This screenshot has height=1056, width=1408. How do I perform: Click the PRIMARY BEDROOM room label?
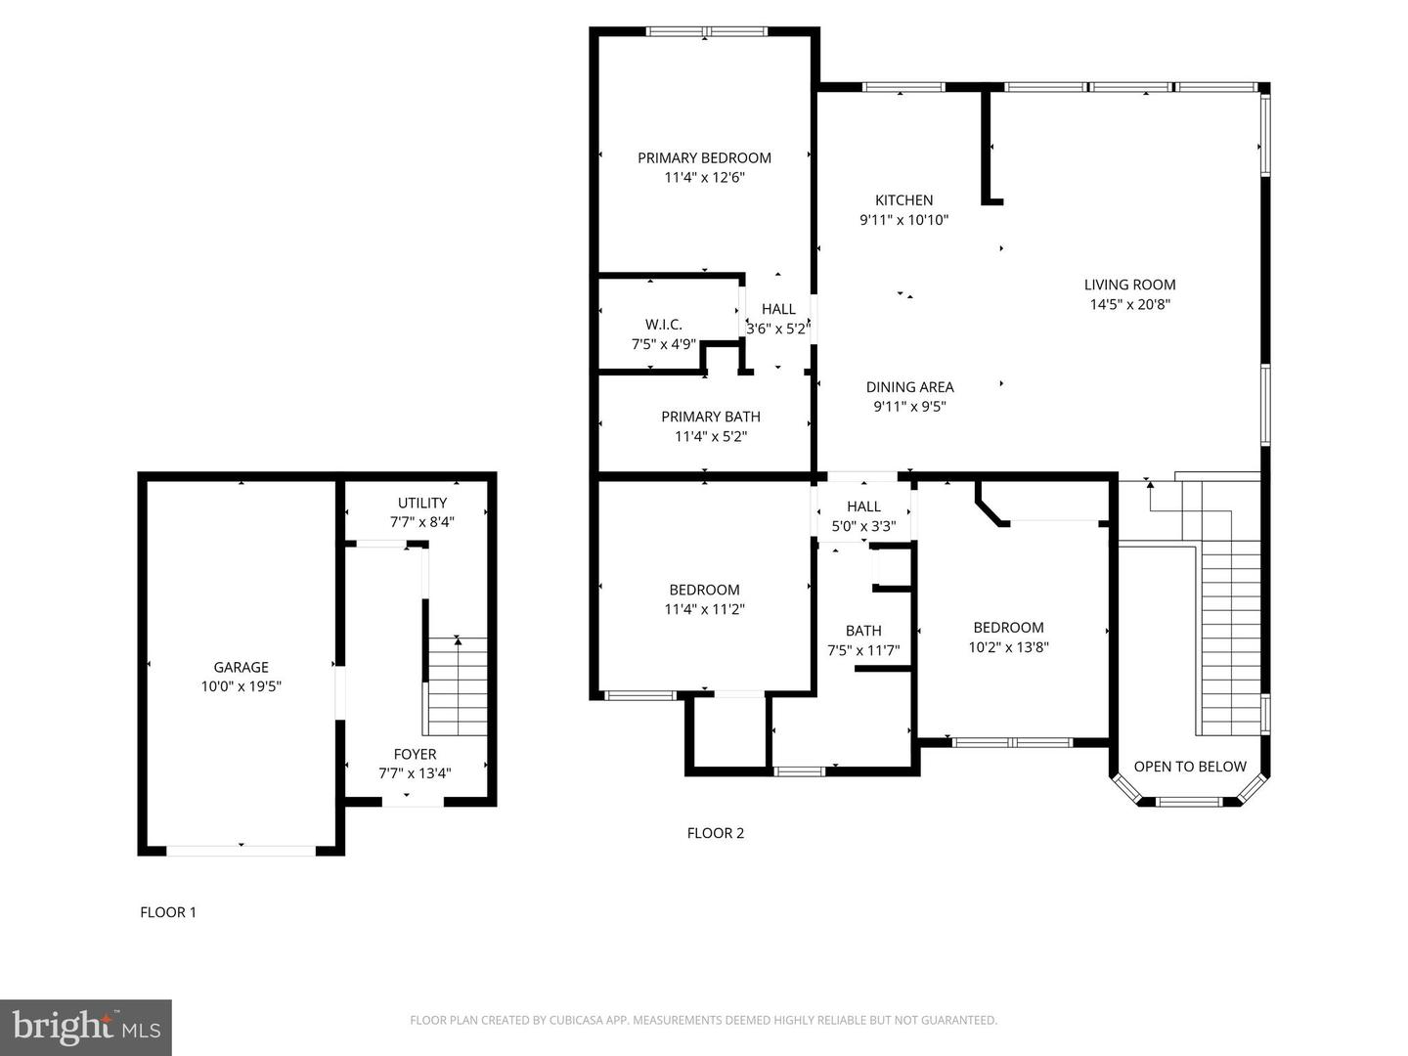click(704, 157)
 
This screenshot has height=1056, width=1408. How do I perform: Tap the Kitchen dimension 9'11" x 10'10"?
click(903, 220)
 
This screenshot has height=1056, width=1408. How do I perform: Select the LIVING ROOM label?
click(1129, 285)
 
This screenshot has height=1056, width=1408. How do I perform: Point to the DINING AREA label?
click(909, 387)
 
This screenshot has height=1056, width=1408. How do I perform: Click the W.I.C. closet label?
click(663, 325)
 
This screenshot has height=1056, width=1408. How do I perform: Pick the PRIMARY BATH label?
click(711, 417)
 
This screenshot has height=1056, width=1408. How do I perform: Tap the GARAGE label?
click(242, 668)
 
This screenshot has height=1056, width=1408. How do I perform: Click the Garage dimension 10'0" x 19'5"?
click(242, 686)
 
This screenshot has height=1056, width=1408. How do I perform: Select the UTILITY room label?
click(422, 503)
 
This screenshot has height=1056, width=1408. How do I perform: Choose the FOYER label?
click(415, 754)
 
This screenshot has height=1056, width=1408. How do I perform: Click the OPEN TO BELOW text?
click(1190, 767)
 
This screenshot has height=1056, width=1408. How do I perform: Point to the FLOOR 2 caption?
click(715, 833)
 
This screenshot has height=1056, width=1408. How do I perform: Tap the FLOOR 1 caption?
click(168, 911)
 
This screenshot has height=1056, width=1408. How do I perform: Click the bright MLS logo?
click(86, 1028)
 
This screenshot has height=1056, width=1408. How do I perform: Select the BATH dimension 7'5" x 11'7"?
click(863, 651)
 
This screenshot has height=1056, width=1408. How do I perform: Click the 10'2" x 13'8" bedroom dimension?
click(1008, 647)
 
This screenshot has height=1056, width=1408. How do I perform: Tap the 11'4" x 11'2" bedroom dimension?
click(704, 609)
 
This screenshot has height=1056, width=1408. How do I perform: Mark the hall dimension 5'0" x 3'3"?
click(863, 526)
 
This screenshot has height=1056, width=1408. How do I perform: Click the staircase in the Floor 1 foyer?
click(455, 686)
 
